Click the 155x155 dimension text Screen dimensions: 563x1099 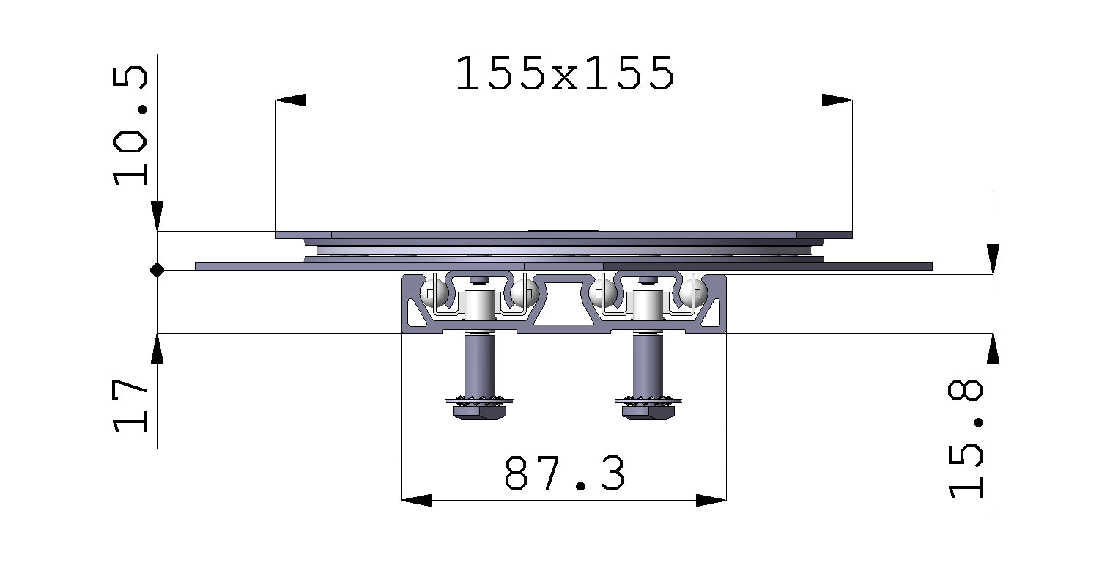coord(563,73)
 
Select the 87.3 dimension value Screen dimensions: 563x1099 coord(564,474)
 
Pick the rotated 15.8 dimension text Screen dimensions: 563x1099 coord(966,439)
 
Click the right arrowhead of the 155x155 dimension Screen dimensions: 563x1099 coord(837,100)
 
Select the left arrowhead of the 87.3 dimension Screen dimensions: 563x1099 coord(416,500)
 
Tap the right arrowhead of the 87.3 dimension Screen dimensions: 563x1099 coord(711,500)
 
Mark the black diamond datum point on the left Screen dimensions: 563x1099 coord(157,271)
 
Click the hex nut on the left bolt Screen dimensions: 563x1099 coord(479,413)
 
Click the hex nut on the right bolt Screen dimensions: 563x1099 coord(648,413)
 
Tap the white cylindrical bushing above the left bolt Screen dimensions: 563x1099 coord(478,304)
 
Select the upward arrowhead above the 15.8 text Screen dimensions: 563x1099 coord(993,348)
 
